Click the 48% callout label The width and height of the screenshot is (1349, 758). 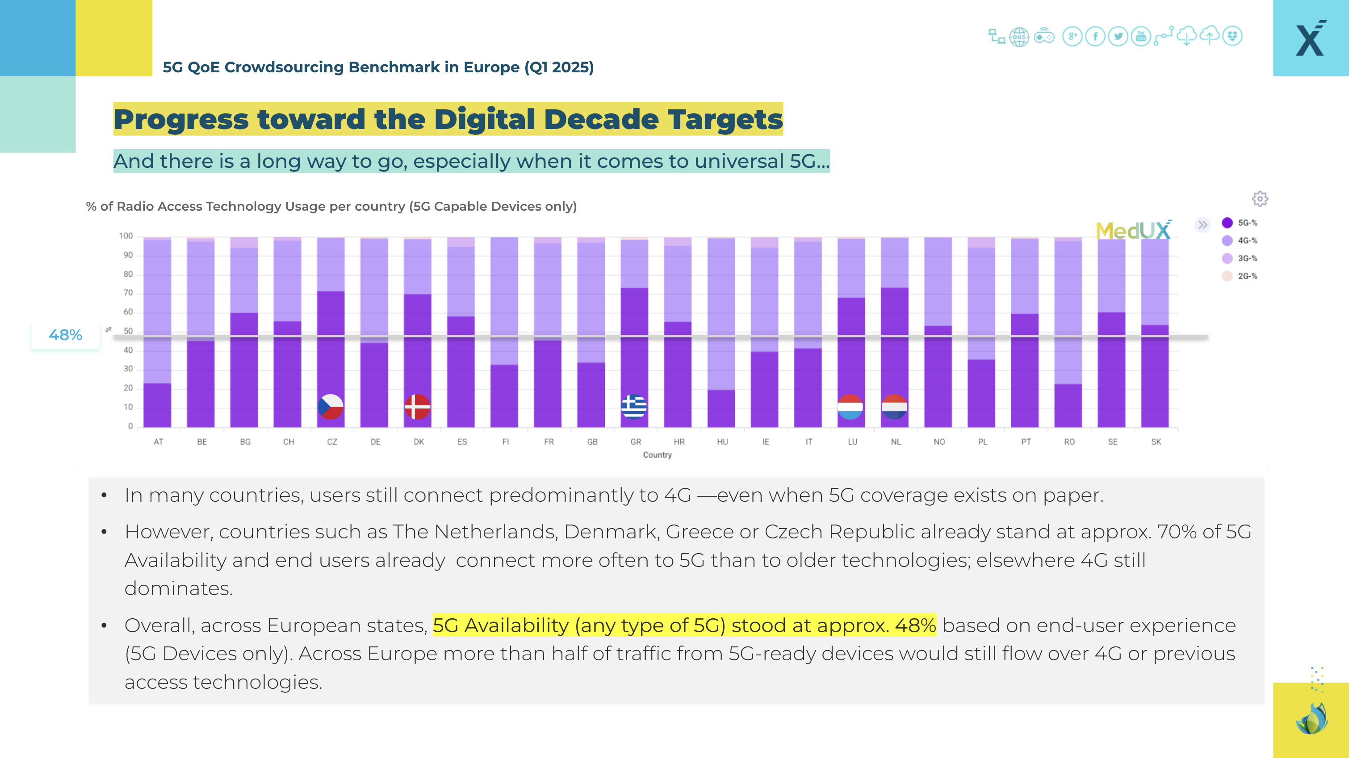pyautogui.click(x=66, y=335)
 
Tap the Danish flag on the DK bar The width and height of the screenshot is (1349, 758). pyautogui.click(x=417, y=407)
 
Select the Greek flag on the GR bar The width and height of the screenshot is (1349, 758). pyautogui.click(x=634, y=407)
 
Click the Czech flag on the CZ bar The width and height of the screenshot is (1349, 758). pyautogui.click(x=331, y=407)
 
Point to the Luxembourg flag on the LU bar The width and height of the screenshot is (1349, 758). pyautogui.click(x=850, y=407)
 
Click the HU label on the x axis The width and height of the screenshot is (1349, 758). pyautogui.click(x=722, y=442)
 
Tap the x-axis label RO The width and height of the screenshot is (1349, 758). pyautogui.click(x=1069, y=442)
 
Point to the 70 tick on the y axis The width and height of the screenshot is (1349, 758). pyautogui.click(x=128, y=293)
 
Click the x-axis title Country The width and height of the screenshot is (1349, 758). pyautogui.click(x=657, y=455)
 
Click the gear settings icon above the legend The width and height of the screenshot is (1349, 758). pyautogui.click(x=1260, y=199)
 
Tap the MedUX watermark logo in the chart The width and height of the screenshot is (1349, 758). pyautogui.click(x=1133, y=230)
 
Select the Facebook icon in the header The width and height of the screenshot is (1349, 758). pyautogui.click(x=1095, y=37)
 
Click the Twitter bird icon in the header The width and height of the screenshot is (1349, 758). pyautogui.click(x=1118, y=37)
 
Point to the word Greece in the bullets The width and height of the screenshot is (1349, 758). pyautogui.click(x=699, y=532)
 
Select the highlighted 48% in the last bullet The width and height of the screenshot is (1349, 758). pyautogui.click(x=915, y=625)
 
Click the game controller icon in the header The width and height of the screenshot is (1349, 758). pyautogui.click(x=1044, y=37)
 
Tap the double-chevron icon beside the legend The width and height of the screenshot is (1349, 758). pyautogui.click(x=1202, y=225)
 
